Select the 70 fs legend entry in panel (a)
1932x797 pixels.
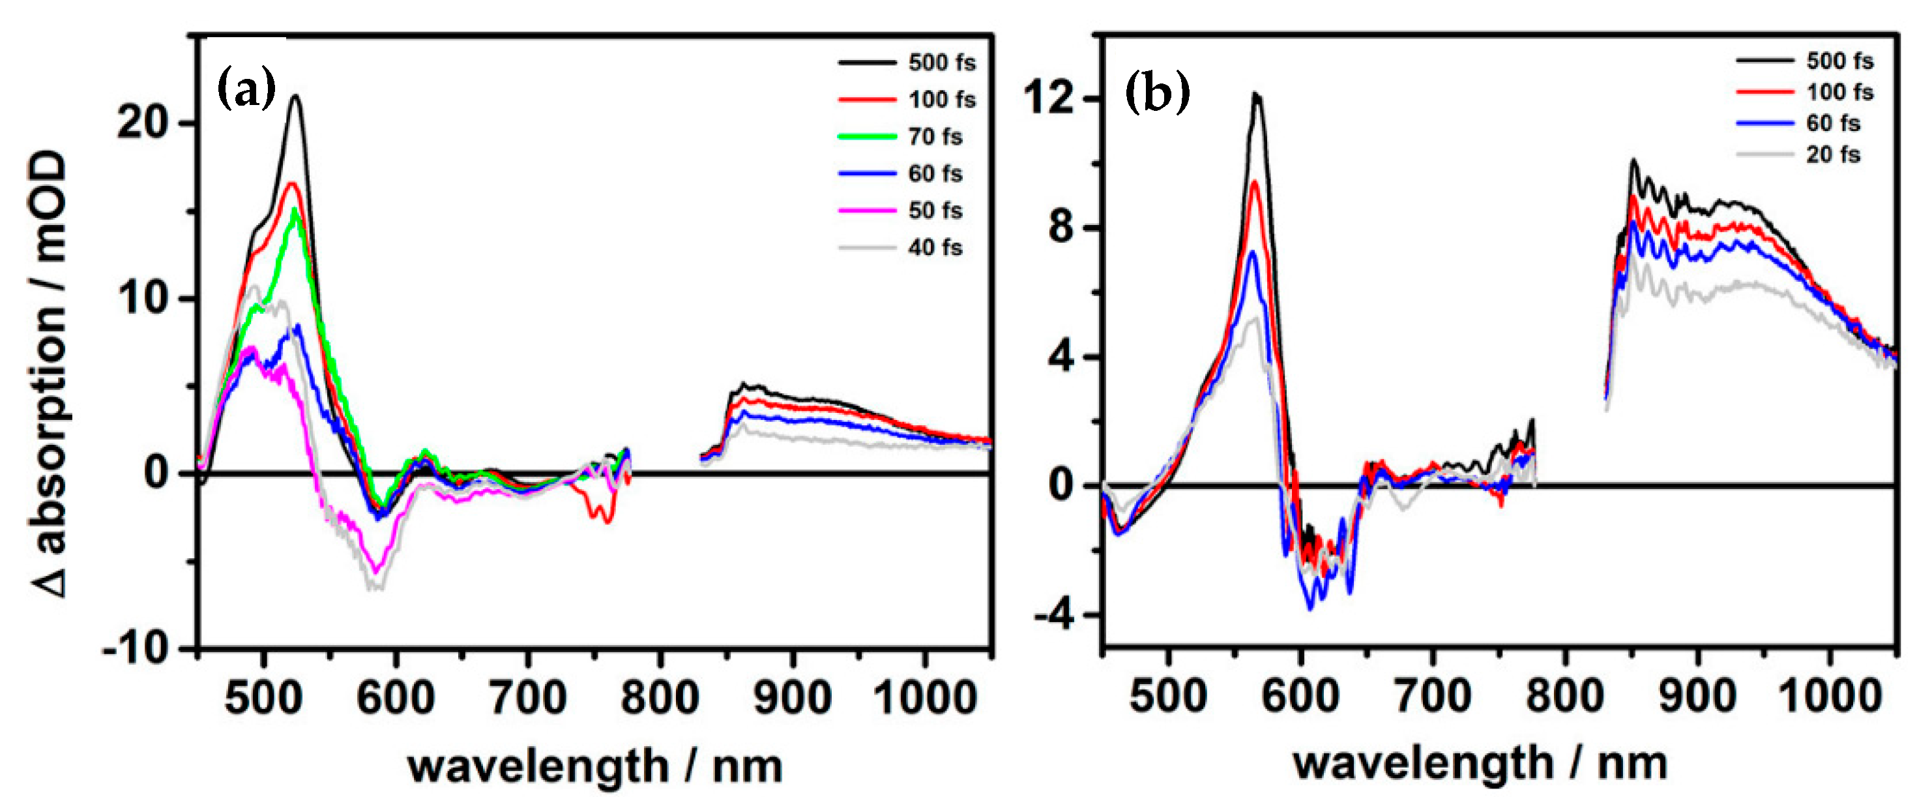935,136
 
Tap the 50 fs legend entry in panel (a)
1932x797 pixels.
935,211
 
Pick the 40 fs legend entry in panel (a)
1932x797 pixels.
935,248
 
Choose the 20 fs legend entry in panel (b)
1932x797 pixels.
1832,155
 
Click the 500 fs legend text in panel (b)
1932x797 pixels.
1839,61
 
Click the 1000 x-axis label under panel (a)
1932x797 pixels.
925,698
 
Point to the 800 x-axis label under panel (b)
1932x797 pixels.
1564,697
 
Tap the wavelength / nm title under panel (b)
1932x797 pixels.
1479,764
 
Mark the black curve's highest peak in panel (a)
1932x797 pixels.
295,96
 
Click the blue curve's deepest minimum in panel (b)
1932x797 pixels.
1310,609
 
